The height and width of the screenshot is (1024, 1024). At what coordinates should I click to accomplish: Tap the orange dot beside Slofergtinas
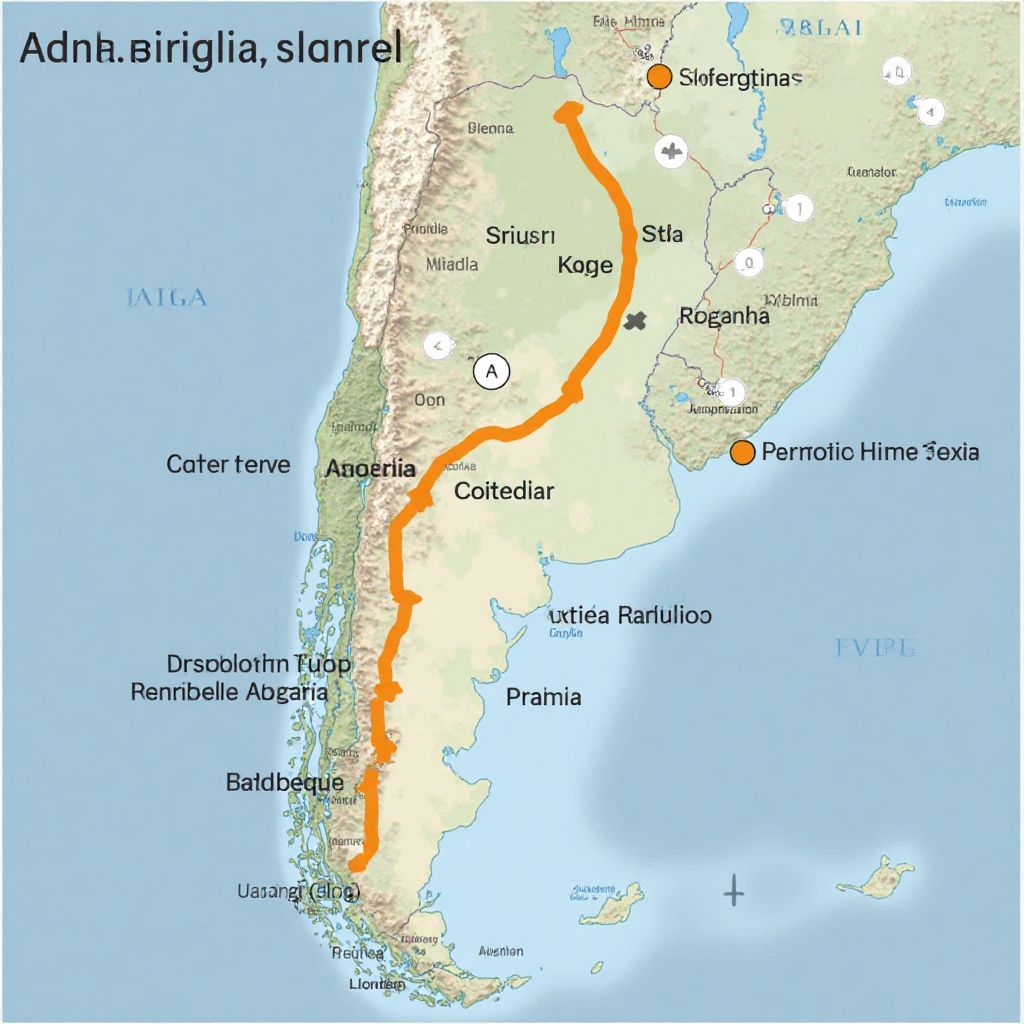pyautogui.click(x=658, y=78)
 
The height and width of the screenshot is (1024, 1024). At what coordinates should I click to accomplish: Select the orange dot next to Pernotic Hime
pyautogui.click(x=742, y=452)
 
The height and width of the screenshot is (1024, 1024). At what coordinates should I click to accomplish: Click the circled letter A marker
pyautogui.click(x=490, y=372)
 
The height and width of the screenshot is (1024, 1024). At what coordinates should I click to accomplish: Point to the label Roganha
pyautogui.click(x=724, y=317)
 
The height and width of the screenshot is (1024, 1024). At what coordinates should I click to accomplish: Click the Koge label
pyautogui.click(x=584, y=266)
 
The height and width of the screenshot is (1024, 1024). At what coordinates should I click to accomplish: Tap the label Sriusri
pyautogui.click(x=519, y=236)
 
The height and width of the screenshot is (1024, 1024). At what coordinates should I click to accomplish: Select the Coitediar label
pyautogui.click(x=504, y=491)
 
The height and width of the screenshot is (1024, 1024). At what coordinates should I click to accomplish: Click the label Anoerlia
pyautogui.click(x=370, y=468)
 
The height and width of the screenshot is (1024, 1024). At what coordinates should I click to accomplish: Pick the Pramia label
pyautogui.click(x=544, y=697)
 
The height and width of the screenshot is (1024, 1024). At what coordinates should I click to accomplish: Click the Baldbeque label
pyautogui.click(x=285, y=783)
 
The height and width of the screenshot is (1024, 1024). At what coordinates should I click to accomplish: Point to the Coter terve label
pyautogui.click(x=228, y=464)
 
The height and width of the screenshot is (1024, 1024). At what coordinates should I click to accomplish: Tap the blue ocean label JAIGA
pyautogui.click(x=167, y=297)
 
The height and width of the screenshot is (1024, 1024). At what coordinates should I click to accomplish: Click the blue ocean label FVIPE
pyautogui.click(x=875, y=649)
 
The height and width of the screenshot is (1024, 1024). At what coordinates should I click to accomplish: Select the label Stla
pyautogui.click(x=662, y=234)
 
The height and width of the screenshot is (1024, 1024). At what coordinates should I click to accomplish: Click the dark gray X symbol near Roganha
pyautogui.click(x=635, y=321)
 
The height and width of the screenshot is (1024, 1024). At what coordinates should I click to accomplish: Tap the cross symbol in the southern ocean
pyautogui.click(x=734, y=889)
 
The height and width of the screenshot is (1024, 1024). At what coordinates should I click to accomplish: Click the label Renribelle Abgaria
pyautogui.click(x=229, y=691)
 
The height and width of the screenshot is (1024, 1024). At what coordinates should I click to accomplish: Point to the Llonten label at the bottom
pyautogui.click(x=377, y=985)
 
